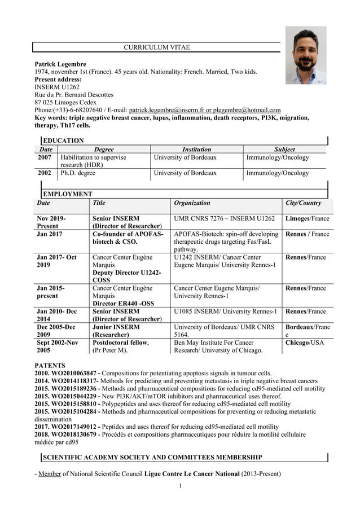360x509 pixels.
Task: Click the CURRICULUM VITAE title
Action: pyautogui.click(x=156, y=47)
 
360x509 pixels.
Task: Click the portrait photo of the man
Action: pyautogui.click(x=305, y=55)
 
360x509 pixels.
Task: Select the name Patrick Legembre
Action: pyautogui.click(x=60, y=65)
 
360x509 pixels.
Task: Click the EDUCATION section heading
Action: pyautogui.click(x=63, y=141)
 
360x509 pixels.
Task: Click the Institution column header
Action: pyautogui.click(x=196, y=149)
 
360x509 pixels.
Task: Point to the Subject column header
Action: pyautogui.click(x=284, y=149)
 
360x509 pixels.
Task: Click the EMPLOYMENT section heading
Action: pyautogui.click(x=68, y=194)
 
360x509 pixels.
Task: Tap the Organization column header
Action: pyautogui.click(x=192, y=203)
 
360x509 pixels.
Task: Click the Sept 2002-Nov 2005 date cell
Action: pyautogui.click(x=57, y=346)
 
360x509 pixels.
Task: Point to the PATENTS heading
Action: pyautogui.click(x=50, y=366)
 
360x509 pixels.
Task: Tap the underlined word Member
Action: pyautogui.click(x=49, y=473)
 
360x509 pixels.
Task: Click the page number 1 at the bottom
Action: pyautogui.click(x=180, y=486)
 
